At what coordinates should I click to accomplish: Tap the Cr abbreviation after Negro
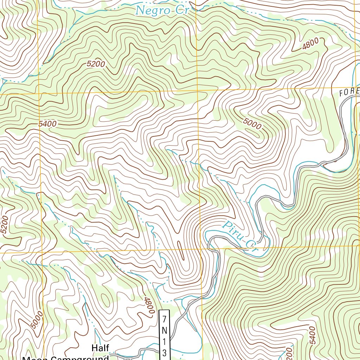[x=182, y=10]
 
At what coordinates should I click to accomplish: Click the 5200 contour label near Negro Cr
[x=96, y=64]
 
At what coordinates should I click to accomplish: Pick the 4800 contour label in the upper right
[x=310, y=45]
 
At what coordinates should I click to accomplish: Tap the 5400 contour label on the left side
[x=48, y=124]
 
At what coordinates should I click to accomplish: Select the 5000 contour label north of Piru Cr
[x=252, y=123]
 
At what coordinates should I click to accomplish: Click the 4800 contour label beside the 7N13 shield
[x=149, y=305]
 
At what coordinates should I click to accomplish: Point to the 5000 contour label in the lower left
[x=37, y=320]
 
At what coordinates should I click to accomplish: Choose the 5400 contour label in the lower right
[x=311, y=335]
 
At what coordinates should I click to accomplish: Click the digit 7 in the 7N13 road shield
[x=164, y=319]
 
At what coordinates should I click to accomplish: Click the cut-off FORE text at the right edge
[x=349, y=92]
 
